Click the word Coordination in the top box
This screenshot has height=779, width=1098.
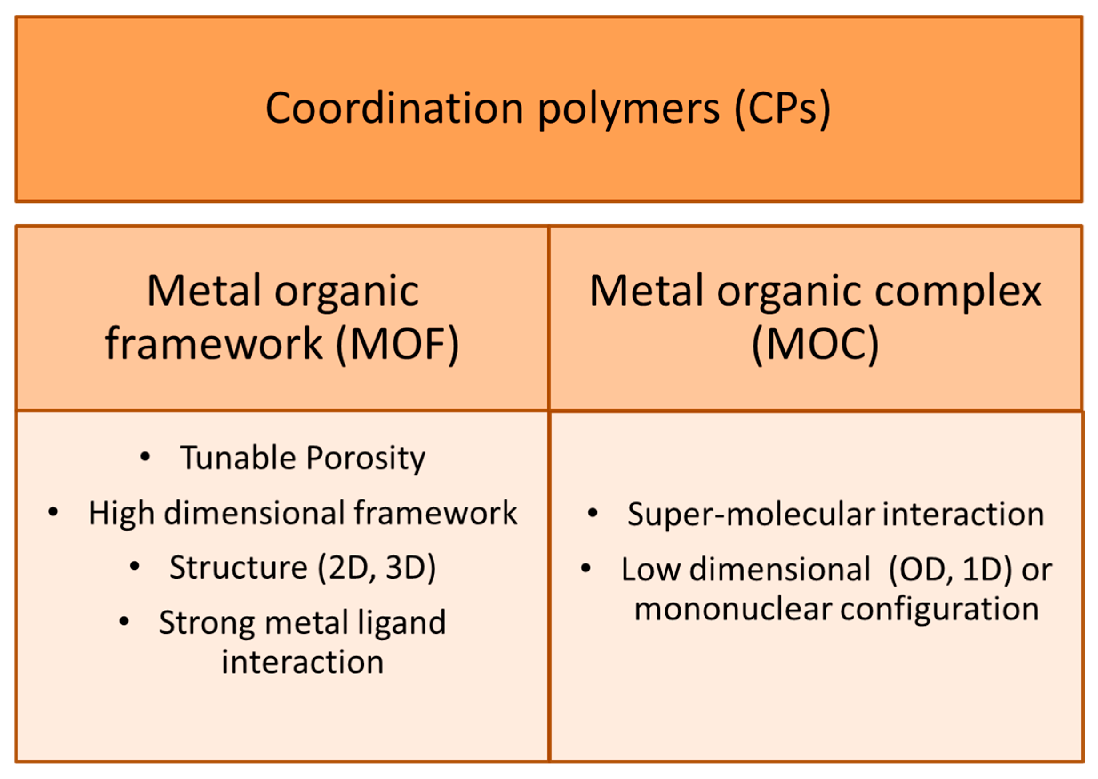[394, 109]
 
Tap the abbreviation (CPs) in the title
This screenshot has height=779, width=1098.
[783, 109]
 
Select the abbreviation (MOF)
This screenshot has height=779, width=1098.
[397, 344]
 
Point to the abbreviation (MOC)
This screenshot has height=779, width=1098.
[815, 344]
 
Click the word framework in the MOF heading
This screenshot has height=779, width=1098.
[214, 344]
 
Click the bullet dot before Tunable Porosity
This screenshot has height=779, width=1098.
[145, 457]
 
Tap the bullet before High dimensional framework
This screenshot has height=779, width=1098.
[53, 512]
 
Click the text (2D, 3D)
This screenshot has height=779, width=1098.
[377, 568]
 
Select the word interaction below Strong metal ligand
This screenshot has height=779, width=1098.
[303, 663]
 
